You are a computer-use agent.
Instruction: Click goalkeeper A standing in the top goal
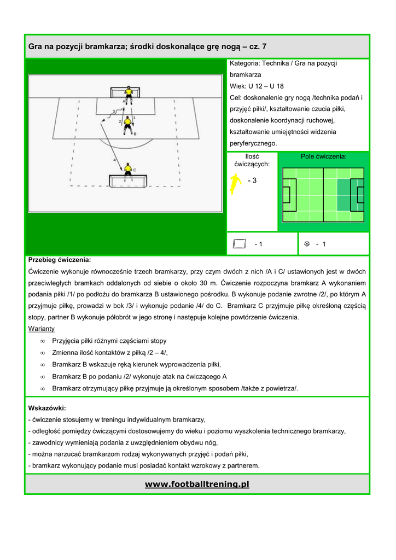tap(128, 92)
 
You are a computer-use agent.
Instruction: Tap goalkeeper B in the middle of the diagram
tap(128, 124)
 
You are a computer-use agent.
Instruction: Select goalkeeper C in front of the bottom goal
tap(128, 169)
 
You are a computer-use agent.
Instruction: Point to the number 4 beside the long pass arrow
tap(114, 160)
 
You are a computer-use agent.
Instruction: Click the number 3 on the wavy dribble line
tap(112, 111)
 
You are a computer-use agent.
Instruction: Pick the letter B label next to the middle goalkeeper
tap(135, 133)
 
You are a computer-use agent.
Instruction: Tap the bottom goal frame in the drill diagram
tap(127, 180)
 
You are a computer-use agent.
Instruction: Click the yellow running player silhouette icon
tap(236, 184)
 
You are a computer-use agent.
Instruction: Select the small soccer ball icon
tap(307, 244)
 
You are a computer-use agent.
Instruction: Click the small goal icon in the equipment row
tap(239, 244)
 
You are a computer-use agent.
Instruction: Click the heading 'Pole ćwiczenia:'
tap(323, 156)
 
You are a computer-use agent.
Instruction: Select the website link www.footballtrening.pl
tap(197, 485)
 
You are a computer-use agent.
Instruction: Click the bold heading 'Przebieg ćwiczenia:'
tap(60, 260)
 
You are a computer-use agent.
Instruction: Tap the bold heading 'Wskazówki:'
tap(47, 408)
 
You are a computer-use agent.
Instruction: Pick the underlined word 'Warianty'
tap(41, 329)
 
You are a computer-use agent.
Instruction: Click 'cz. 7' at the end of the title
tap(257, 47)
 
